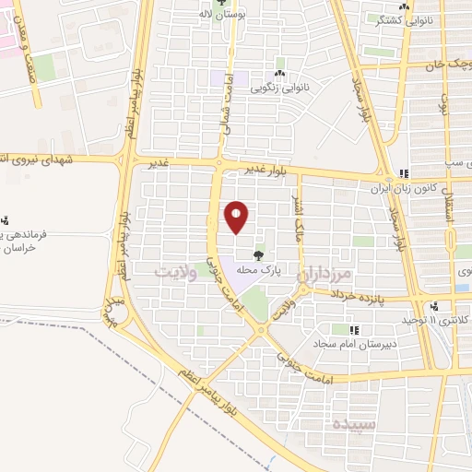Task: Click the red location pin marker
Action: [x=237, y=217]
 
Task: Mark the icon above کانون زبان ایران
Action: [x=404, y=173]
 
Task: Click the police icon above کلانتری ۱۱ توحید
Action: [x=434, y=306]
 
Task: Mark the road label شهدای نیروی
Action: [x=37, y=158]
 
